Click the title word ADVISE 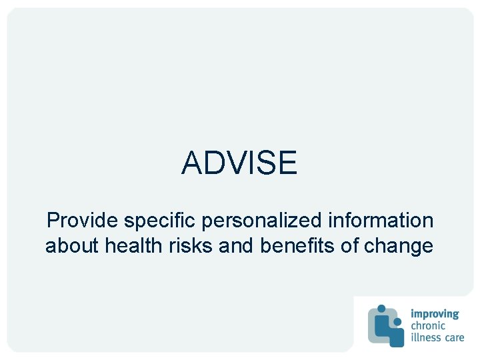pyautogui.click(x=239, y=163)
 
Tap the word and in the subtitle pyautogui.click(x=237, y=246)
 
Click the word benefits pyautogui.click(x=297, y=246)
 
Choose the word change pyautogui.click(x=399, y=246)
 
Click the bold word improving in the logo pyautogui.click(x=435, y=314)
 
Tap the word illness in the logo pyautogui.click(x=426, y=337)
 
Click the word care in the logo pyautogui.click(x=454, y=337)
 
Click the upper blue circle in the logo pyautogui.click(x=381, y=309)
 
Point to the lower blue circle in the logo pyautogui.click(x=397, y=322)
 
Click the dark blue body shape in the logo pyautogui.click(x=396, y=337)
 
